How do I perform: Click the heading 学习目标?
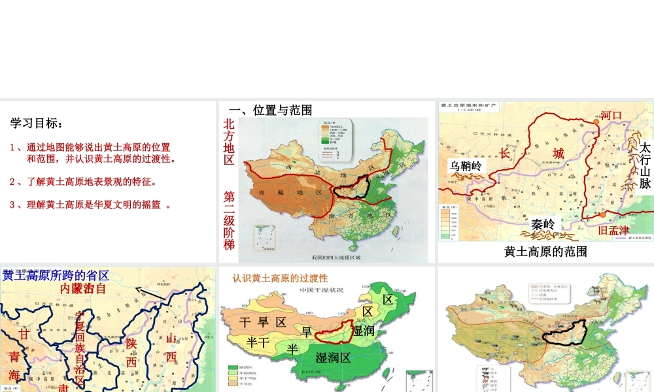coord(37,123)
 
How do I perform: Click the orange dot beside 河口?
coord(596,116)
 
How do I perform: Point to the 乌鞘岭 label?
coord(466,166)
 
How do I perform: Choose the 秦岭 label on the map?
coord(543,224)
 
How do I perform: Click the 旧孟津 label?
coord(613,230)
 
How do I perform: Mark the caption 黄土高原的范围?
coord(545,252)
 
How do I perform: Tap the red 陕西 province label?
coord(131,352)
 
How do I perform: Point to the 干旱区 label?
coord(263,321)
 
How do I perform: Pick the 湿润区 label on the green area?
coord(334,357)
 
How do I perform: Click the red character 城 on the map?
coord(558,154)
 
